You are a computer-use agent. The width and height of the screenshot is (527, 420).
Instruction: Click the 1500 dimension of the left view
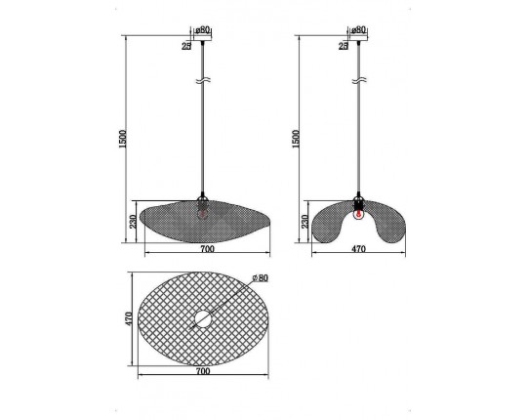click(123, 139)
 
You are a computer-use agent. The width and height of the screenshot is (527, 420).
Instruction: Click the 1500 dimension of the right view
click(296, 139)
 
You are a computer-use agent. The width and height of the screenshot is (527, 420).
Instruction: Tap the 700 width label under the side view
click(207, 249)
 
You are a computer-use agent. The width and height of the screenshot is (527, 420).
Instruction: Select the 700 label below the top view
click(203, 371)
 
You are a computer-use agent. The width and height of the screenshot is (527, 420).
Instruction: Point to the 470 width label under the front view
click(358, 249)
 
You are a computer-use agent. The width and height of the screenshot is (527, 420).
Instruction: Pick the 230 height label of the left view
click(133, 222)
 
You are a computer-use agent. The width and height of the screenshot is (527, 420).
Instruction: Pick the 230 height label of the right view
click(304, 222)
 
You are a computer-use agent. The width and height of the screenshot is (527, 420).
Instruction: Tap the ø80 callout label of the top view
click(261, 277)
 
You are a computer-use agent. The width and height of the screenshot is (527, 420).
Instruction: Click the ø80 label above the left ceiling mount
click(202, 30)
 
